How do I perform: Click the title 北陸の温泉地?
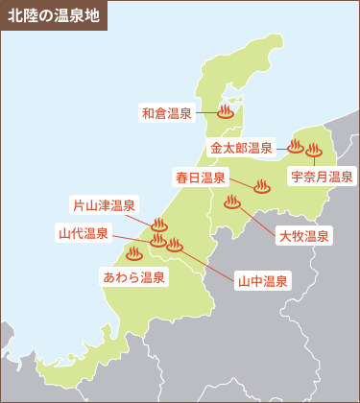coord(53,15)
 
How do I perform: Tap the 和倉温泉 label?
coord(167,112)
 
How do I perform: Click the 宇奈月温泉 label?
coord(322,177)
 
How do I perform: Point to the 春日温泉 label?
coord(201,177)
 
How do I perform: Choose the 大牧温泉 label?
coord(303,235)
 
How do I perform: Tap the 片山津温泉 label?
coord(105,205)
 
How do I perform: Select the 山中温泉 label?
coord(263,280)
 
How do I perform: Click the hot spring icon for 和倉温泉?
coord(226,111)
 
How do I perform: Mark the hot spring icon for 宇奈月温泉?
coord(313,149)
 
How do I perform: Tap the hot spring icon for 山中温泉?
coord(174,245)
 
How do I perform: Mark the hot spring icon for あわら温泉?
coord(133,254)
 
